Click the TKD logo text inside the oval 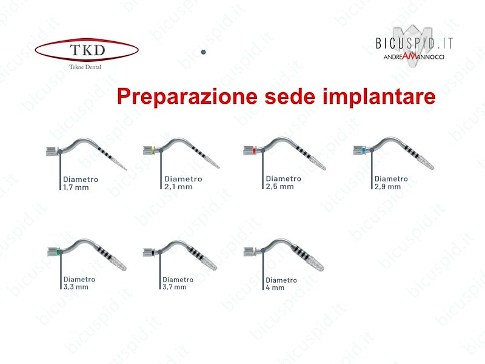click(87, 50)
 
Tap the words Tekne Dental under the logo click(85, 67)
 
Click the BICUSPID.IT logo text click(414, 43)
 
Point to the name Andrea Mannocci click(414, 56)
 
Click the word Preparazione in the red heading click(187, 96)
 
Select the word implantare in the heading click(379, 96)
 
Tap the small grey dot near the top click(203, 52)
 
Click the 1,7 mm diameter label click(81, 183)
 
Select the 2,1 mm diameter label click(183, 183)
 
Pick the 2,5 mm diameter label click(283, 183)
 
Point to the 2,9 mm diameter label click(391, 183)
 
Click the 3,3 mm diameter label click(79, 283)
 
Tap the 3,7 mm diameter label click(178, 283)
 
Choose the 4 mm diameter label click(281, 283)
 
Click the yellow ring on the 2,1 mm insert click(153, 150)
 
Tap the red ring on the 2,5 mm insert click(254, 150)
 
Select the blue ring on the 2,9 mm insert click(364, 150)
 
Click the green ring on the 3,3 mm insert click(58, 252)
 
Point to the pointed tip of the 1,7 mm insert click(126, 169)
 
